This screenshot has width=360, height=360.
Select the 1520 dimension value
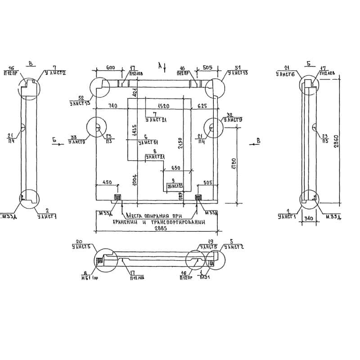[164, 106]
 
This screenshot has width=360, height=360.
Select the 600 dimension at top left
[110, 68]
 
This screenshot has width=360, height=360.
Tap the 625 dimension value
[202, 106]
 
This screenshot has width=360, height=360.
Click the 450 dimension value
[108, 182]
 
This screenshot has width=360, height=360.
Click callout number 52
[81, 98]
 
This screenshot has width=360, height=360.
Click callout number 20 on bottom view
[79, 241]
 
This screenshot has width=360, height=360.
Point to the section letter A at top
[159, 65]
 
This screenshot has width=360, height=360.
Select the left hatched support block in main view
[117, 198]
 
